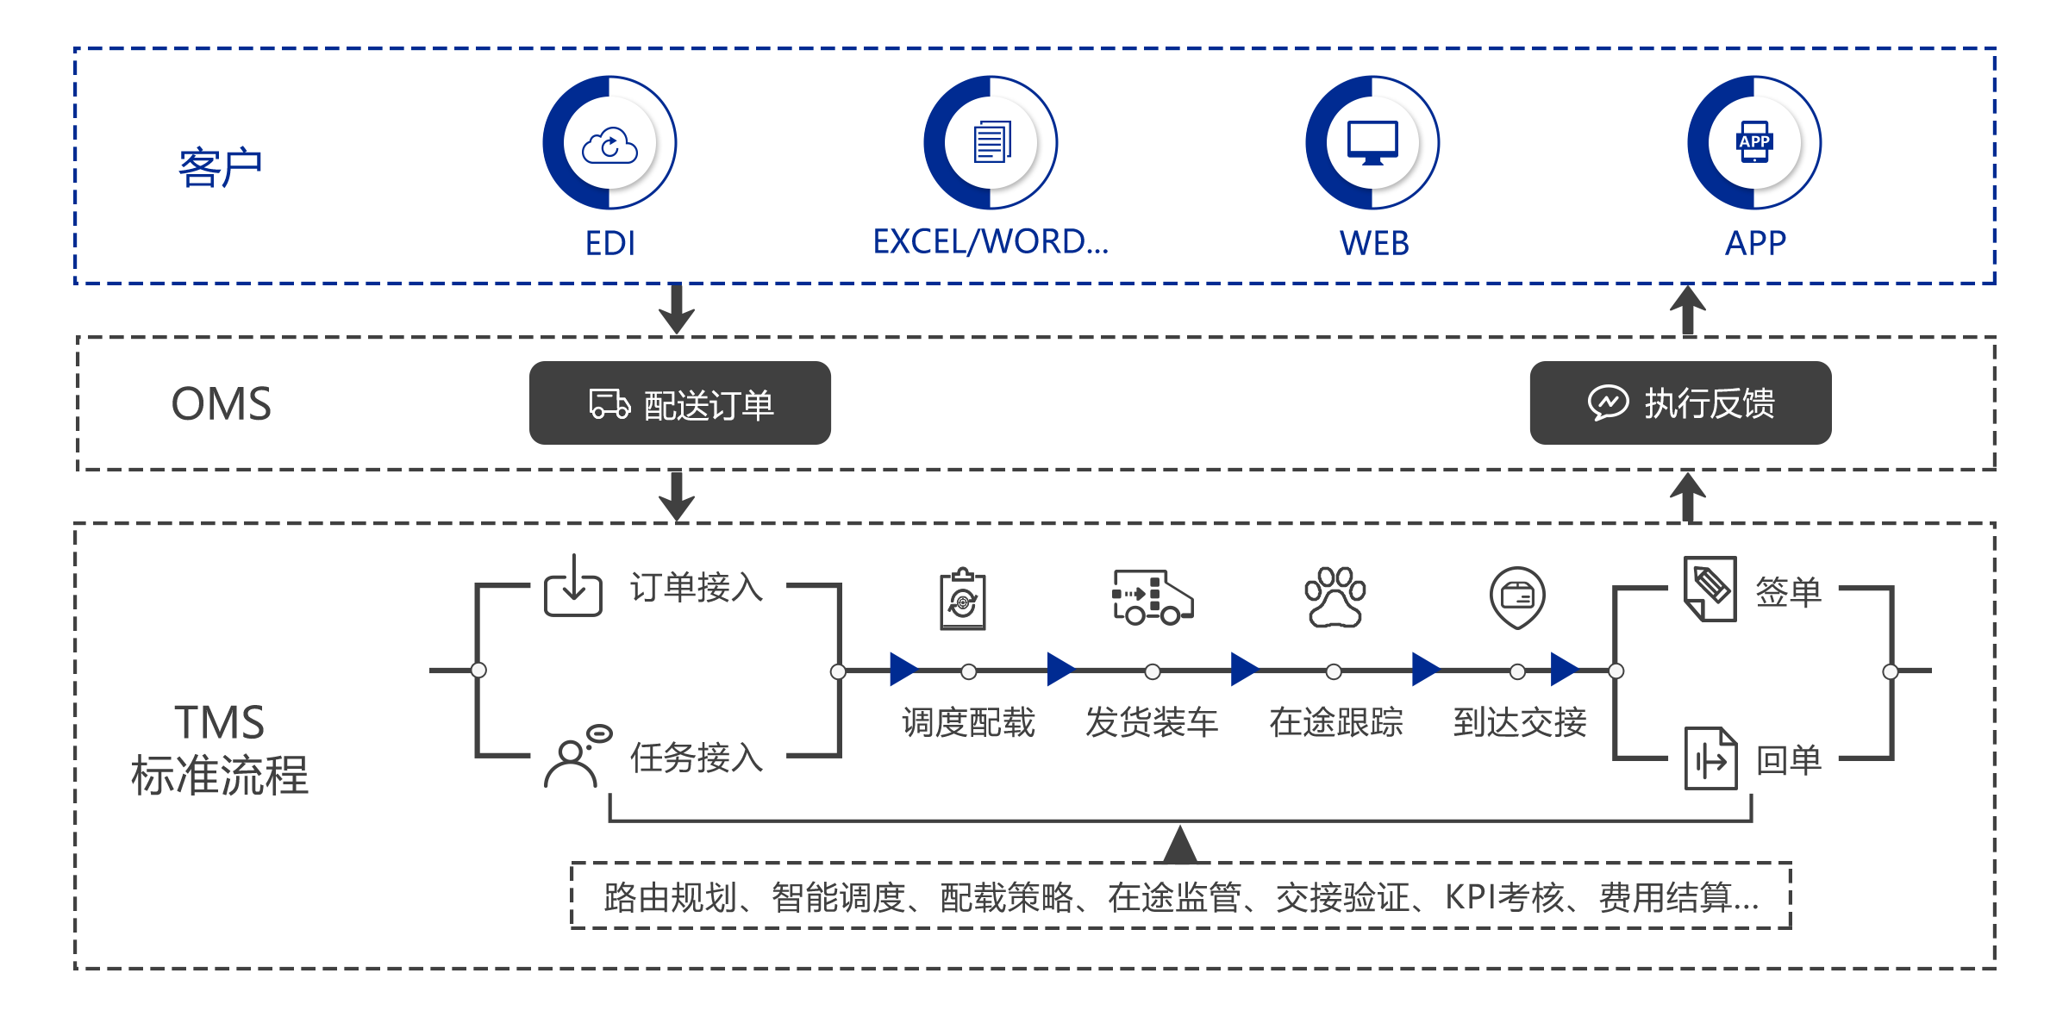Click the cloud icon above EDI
tap(609, 145)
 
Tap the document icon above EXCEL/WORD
tap(991, 143)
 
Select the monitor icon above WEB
tap(1372, 143)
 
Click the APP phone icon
tap(1753, 143)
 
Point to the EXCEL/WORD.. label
tap(992, 242)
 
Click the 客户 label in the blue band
tap(216, 167)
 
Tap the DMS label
tap(225, 403)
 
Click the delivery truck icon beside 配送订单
tap(609, 403)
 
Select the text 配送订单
tap(709, 405)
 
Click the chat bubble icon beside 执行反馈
tap(1608, 402)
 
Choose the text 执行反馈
tap(1709, 403)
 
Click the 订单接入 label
tap(694, 587)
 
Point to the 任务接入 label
tap(694, 758)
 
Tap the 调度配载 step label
tap(964, 722)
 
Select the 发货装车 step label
tap(1147, 722)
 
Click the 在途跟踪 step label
tap(1331, 722)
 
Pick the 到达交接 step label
tap(1515, 722)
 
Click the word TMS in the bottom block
tap(222, 723)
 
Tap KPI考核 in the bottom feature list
tap(1503, 897)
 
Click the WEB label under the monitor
tap(1372, 243)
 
